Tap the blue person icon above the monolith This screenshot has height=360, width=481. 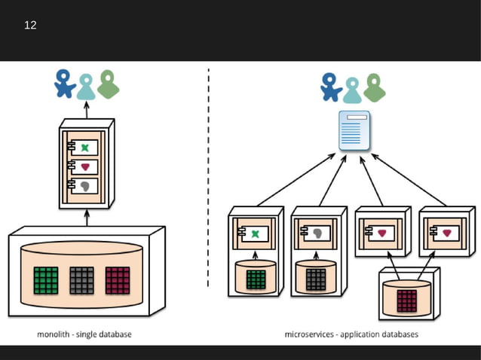click(x=65, y=84)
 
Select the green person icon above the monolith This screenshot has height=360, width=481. click(x=109, y=84)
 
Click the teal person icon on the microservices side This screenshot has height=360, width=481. click(x=352, y=89)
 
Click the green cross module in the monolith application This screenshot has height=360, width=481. click(x=85, y=147)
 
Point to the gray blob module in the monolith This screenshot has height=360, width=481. click(x=85, y=185)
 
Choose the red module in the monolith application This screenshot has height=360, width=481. click(x=85, y=166)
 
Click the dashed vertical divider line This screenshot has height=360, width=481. click(x=208, y=181)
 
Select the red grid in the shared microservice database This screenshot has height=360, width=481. click(x=406, y=299)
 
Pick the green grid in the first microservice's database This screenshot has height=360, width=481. click(x=256, y=279)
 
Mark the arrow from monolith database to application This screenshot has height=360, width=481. click(x=86, y=218)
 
